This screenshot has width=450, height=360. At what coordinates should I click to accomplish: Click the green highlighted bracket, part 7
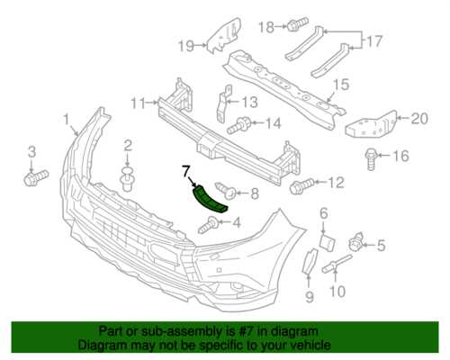(x=209, y=200)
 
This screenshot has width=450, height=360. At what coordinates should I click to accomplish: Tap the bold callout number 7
(x=185, y=172)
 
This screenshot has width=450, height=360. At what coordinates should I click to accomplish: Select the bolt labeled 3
(x=36, y=177)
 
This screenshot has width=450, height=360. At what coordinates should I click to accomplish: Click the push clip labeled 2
(x=128, y=179)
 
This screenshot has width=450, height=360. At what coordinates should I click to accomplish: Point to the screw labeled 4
(x=209, y=226)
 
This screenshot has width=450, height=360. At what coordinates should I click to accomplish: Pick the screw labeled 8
(x=226, y=191)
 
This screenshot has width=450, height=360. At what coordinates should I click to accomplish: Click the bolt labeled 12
(x=301, y=185)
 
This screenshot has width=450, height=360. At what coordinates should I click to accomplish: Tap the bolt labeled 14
(x=239, y=126)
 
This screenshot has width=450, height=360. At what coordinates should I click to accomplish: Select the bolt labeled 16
(x=372, y=159)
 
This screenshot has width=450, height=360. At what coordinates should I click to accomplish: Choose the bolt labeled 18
(x=297, y=24)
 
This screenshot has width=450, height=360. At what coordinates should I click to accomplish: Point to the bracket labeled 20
(x=372, y=124)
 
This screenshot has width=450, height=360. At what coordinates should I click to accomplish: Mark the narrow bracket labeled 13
(x=223, y=103)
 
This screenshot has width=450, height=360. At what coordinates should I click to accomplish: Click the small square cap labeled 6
(x=327, y=242)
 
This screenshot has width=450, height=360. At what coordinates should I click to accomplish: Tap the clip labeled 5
(x=356, y=243)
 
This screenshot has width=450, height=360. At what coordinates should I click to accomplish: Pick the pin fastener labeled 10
(x=337, y=264)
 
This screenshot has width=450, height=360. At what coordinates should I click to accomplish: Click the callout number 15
(x=340, y=85)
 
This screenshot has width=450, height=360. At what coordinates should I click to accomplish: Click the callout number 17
(x=374, y=41)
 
